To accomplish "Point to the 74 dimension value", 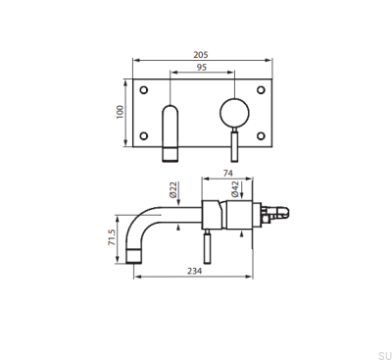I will (x=227, y=173).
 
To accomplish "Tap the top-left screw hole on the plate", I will (x=145, y=90).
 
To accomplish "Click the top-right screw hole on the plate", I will (x=262, y=90).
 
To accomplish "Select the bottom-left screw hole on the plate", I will (x=145, y=135).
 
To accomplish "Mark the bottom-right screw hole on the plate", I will (x=262, y=135).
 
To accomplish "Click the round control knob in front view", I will (x=234, y=110).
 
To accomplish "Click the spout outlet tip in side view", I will (x=136, y=257).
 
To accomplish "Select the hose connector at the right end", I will (x=281, y=210).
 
